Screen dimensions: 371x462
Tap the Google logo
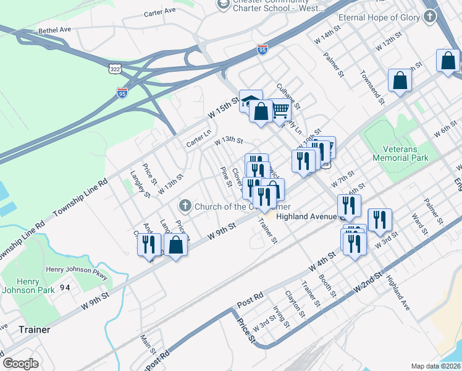click(x=20, y=364)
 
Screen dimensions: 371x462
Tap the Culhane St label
click(x=288, y=97)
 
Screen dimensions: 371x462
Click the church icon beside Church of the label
click(x=184, y=205)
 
